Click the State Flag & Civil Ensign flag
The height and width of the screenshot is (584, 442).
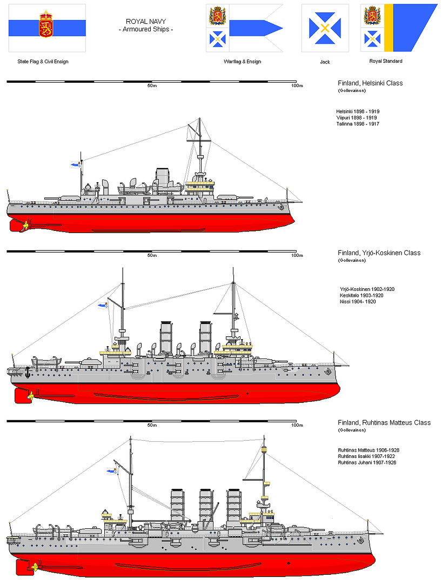(x=46, y=28)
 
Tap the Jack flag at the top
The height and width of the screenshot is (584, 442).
(x=324, y=28)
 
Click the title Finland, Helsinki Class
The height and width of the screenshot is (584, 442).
(x=370, y=83)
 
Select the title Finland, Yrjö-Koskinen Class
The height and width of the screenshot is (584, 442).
(x=379, y=253)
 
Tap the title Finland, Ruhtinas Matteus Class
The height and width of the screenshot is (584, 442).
(x=384, y=422)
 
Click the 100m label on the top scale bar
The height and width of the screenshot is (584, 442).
(x=297, y=87)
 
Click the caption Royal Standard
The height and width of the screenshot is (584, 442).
(x=386, y=62)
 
